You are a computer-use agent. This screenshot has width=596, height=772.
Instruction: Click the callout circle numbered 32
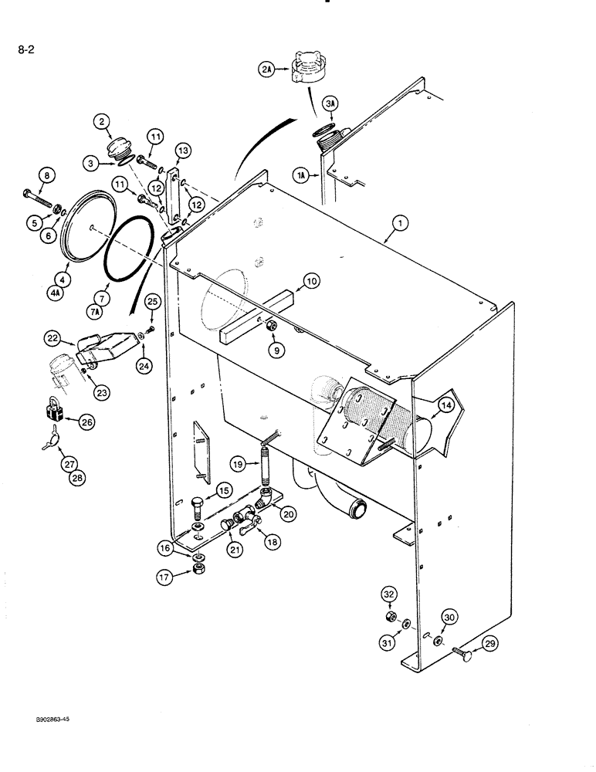point(389,594)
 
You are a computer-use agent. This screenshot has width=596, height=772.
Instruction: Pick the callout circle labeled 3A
point(330,103)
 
